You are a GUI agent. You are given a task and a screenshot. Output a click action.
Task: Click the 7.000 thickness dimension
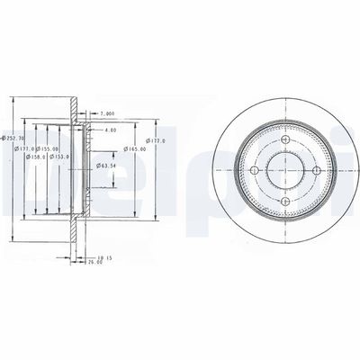107,113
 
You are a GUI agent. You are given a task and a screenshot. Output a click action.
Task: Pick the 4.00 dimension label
110,130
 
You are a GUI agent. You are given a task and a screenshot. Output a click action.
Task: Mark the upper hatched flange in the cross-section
71,108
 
